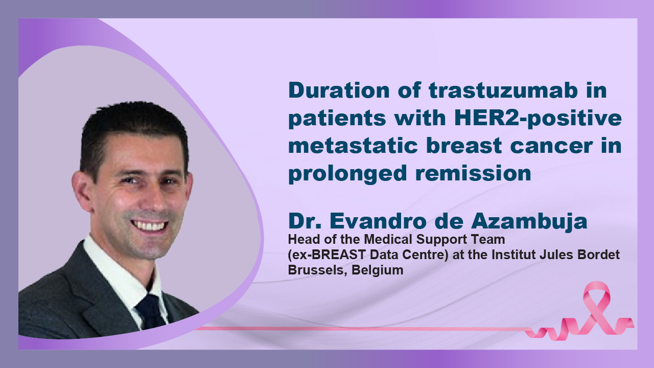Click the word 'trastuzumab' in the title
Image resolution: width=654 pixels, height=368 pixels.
pyautogui.click(x=503, y=90)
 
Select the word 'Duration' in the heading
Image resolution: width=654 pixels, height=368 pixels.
pyautogui.click(x=339, y=90)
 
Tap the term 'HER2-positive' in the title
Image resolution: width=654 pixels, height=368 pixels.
pyautogui.click(x=538, y=118)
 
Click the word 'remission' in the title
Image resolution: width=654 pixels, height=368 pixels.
pyautogui.click(x=473, y=173)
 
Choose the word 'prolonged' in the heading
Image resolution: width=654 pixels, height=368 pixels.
pyautogui.click(x=347, y=174)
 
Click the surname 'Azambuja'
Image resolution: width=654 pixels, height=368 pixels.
pyautogui.click(x=529, y=221)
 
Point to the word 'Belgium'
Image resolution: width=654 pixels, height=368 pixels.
pyautogui.click(x=378, y=270)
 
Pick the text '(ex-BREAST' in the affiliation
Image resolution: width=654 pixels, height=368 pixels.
pyautogui.click(x=326, y=255)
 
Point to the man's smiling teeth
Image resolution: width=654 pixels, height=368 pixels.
pyautogui.click(x=149, y=225)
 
